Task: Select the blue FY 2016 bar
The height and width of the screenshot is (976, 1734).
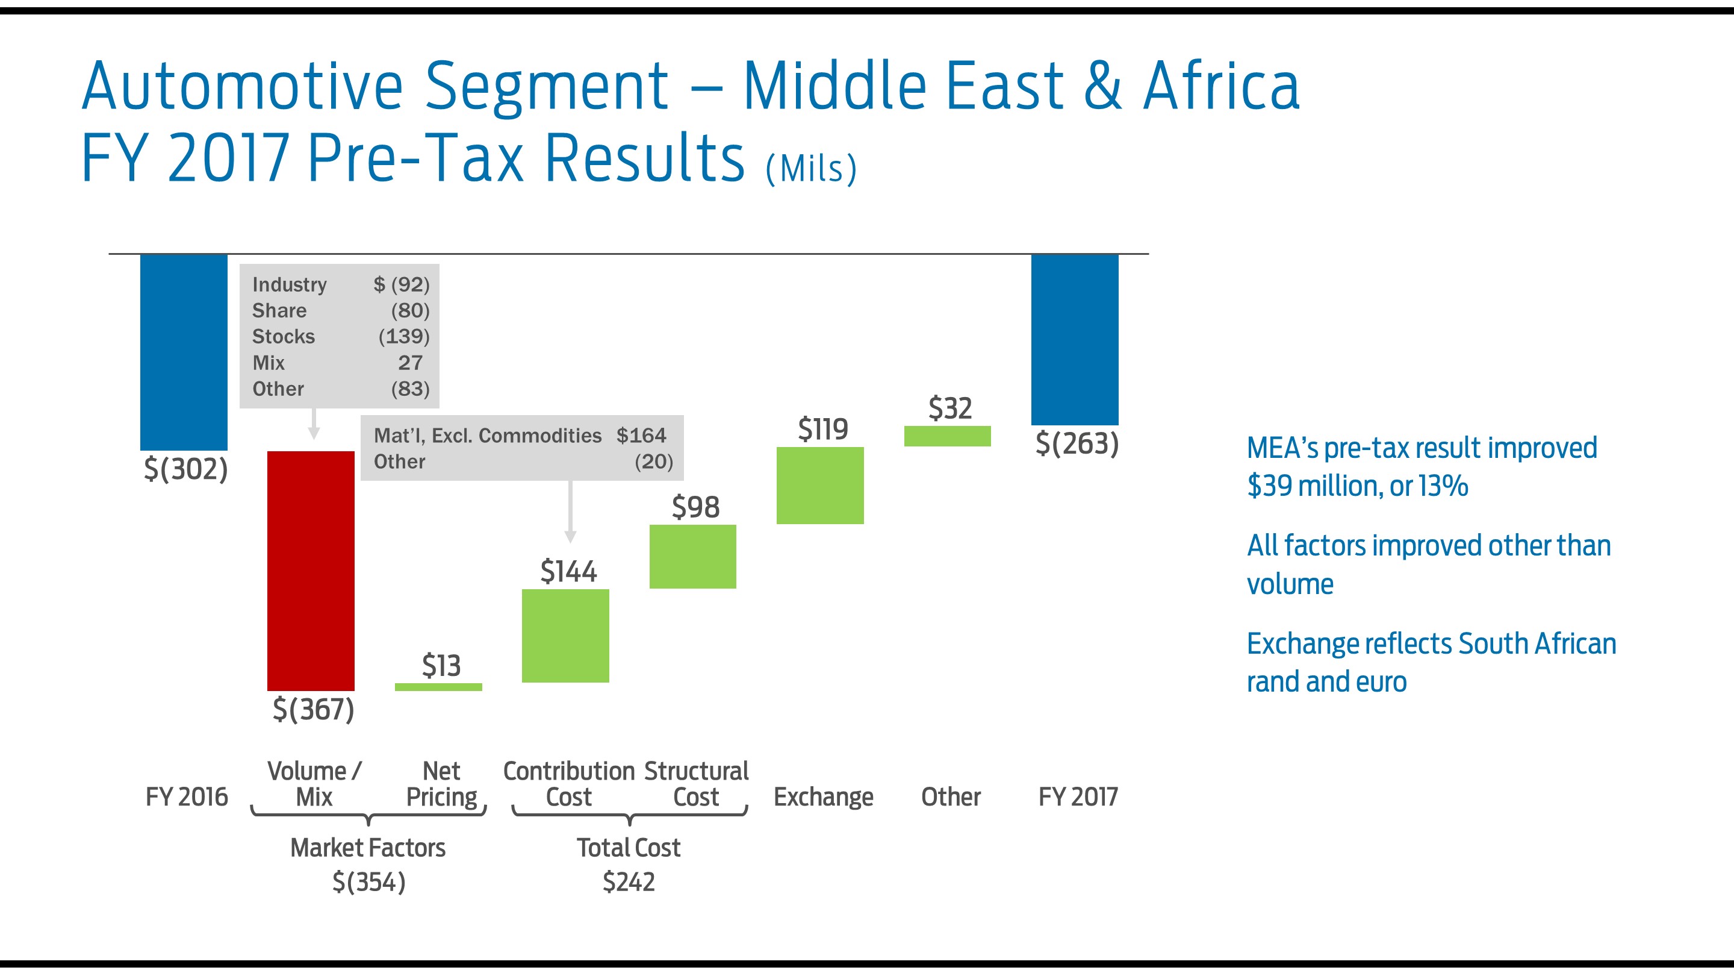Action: [183, 352]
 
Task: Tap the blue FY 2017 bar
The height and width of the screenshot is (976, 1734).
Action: [1074, 339]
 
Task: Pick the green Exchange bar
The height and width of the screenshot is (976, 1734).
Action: [820, 485]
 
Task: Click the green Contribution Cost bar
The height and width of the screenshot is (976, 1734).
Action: [565, 635]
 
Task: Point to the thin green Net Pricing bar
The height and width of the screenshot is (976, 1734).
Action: [438, 686]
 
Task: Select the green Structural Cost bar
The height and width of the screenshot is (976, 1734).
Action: [692, 556]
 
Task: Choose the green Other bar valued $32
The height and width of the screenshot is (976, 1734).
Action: [947, 436]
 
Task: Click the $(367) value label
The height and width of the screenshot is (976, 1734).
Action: [313, 709]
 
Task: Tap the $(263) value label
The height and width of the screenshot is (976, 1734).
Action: [1077, 444]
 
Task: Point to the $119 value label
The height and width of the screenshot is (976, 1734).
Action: [822, 429]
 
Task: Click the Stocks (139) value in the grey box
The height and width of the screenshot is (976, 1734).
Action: [404, 336]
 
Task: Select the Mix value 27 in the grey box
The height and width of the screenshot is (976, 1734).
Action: [410, 362]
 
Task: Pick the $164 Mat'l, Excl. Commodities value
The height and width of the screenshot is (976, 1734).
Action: [641, 435]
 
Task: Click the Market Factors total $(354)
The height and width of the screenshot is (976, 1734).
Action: [369, 881]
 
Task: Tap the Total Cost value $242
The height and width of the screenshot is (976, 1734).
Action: [629, 881]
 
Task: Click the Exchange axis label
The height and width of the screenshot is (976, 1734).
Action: [823, 797]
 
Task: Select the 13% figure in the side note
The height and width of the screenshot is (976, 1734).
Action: [1443, 486]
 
